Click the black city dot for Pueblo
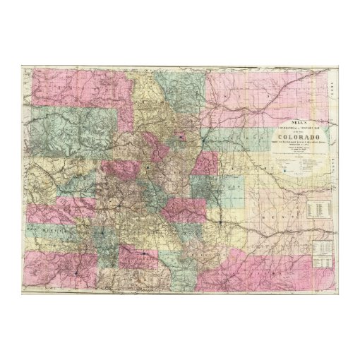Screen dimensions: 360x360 point(220,224)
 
